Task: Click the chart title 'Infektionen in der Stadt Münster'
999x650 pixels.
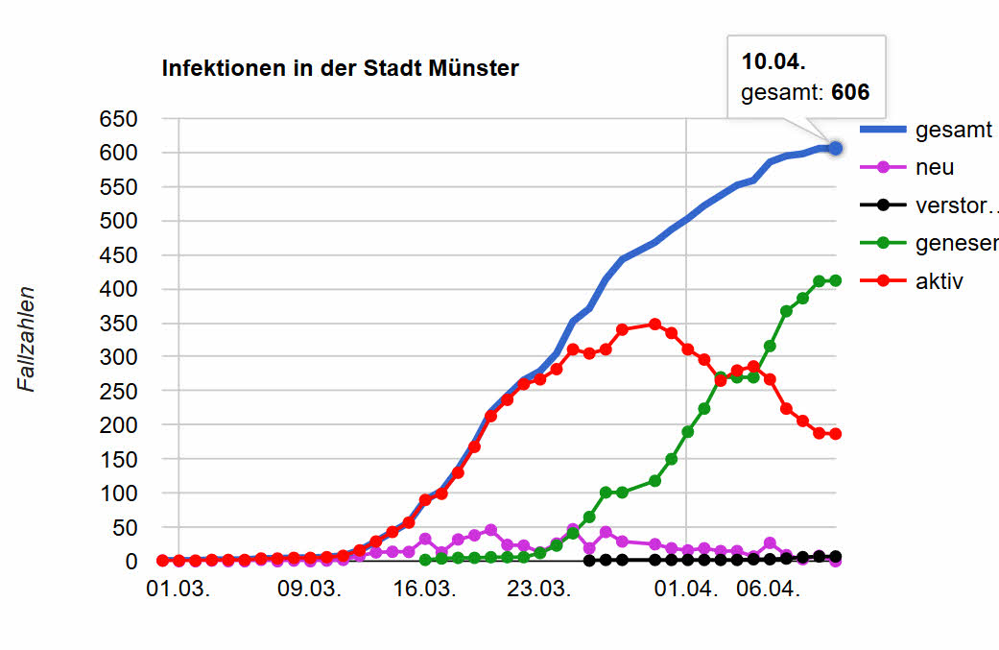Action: pyautogui.click(x=340, y=68)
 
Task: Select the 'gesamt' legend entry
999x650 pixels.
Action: pyautogui.click(x=952, y=131)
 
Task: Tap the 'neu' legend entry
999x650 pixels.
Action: pyautogui.click(x=935, y=167)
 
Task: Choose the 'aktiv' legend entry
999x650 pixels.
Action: pyautogui.click(x=940, y=281)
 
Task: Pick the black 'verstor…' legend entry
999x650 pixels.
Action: pyautogui.click(x=956, y=205)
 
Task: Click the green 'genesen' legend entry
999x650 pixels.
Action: pyautogui.click(x=956, y=244)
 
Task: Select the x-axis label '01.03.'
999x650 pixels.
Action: pyautogui.click(x=179, y=589)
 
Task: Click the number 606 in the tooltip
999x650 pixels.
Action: pyautogui.click(x=850, y=92)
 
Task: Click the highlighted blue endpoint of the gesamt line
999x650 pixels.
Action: pyautogui.click(x=835, y=148)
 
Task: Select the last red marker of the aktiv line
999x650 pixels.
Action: pyautogui.click(x=835, y=434)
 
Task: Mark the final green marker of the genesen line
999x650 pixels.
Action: pyautogui.click(x=835, y=280)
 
